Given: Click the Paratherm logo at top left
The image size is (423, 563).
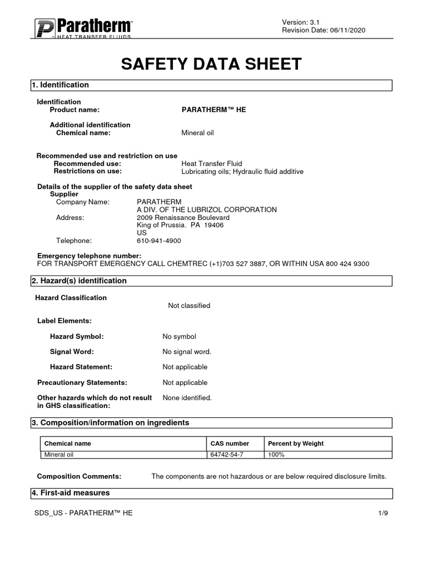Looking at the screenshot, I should [x=83, y=28].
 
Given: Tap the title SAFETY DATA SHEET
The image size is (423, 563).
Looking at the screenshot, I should [x=211, y=64].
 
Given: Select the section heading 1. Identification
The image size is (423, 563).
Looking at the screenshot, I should [x=60, y=85].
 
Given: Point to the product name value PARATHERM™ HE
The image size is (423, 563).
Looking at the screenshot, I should [x=214, y=110].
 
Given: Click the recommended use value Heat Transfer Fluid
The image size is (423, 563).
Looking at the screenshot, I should [x=211, y=164].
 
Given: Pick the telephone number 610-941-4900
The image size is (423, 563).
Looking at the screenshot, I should [x=159, y=241].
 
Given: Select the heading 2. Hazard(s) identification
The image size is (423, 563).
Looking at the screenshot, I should [x=79, y=281].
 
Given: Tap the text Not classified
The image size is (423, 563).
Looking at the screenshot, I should [x=189, y=306].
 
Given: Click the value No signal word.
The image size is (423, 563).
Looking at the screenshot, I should [x=187, y=352].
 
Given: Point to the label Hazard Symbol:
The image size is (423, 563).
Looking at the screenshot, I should [x=77, y=336].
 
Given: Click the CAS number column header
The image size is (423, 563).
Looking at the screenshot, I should [x=230, y=444].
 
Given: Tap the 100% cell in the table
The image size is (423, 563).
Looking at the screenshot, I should [x=276, y=455].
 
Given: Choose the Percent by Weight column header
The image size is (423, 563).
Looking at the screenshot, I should [x=295, y=444].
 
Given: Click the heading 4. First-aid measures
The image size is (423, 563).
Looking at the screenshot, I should [x=70, y=493].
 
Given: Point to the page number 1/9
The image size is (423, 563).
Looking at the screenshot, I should [x=383, y=513].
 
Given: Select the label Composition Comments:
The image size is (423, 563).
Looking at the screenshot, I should [x=79, y=476].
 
